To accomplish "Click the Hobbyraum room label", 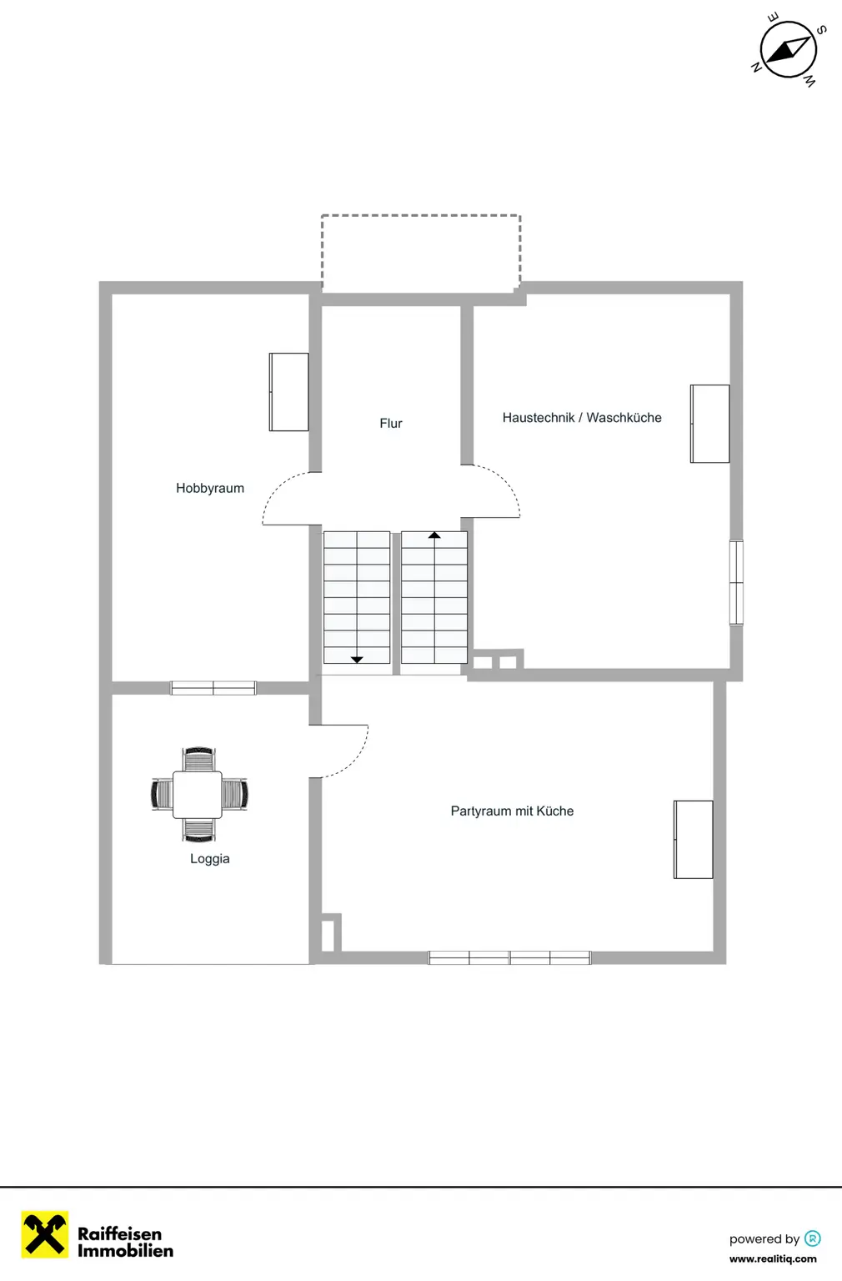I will (210, 489).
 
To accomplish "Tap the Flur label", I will (391, 424).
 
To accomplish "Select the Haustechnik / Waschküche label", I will (582, 418).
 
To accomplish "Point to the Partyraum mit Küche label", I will (512, 811).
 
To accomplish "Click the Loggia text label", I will (210, 859).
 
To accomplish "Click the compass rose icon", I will (788, 50).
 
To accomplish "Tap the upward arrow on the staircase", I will (434, 535).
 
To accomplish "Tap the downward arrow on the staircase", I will (357, 659).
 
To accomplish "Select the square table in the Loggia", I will (198, 795).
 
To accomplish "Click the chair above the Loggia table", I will (198, 759).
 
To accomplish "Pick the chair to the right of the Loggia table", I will (234, 794).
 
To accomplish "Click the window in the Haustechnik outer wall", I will (736, 582).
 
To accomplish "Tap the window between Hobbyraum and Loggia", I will (213, 688).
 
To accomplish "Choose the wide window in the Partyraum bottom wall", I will (509, 958).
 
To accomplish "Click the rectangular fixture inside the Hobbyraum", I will (289, 392).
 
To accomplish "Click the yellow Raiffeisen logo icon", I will (45, 1234).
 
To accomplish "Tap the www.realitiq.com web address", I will (773, 1259).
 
